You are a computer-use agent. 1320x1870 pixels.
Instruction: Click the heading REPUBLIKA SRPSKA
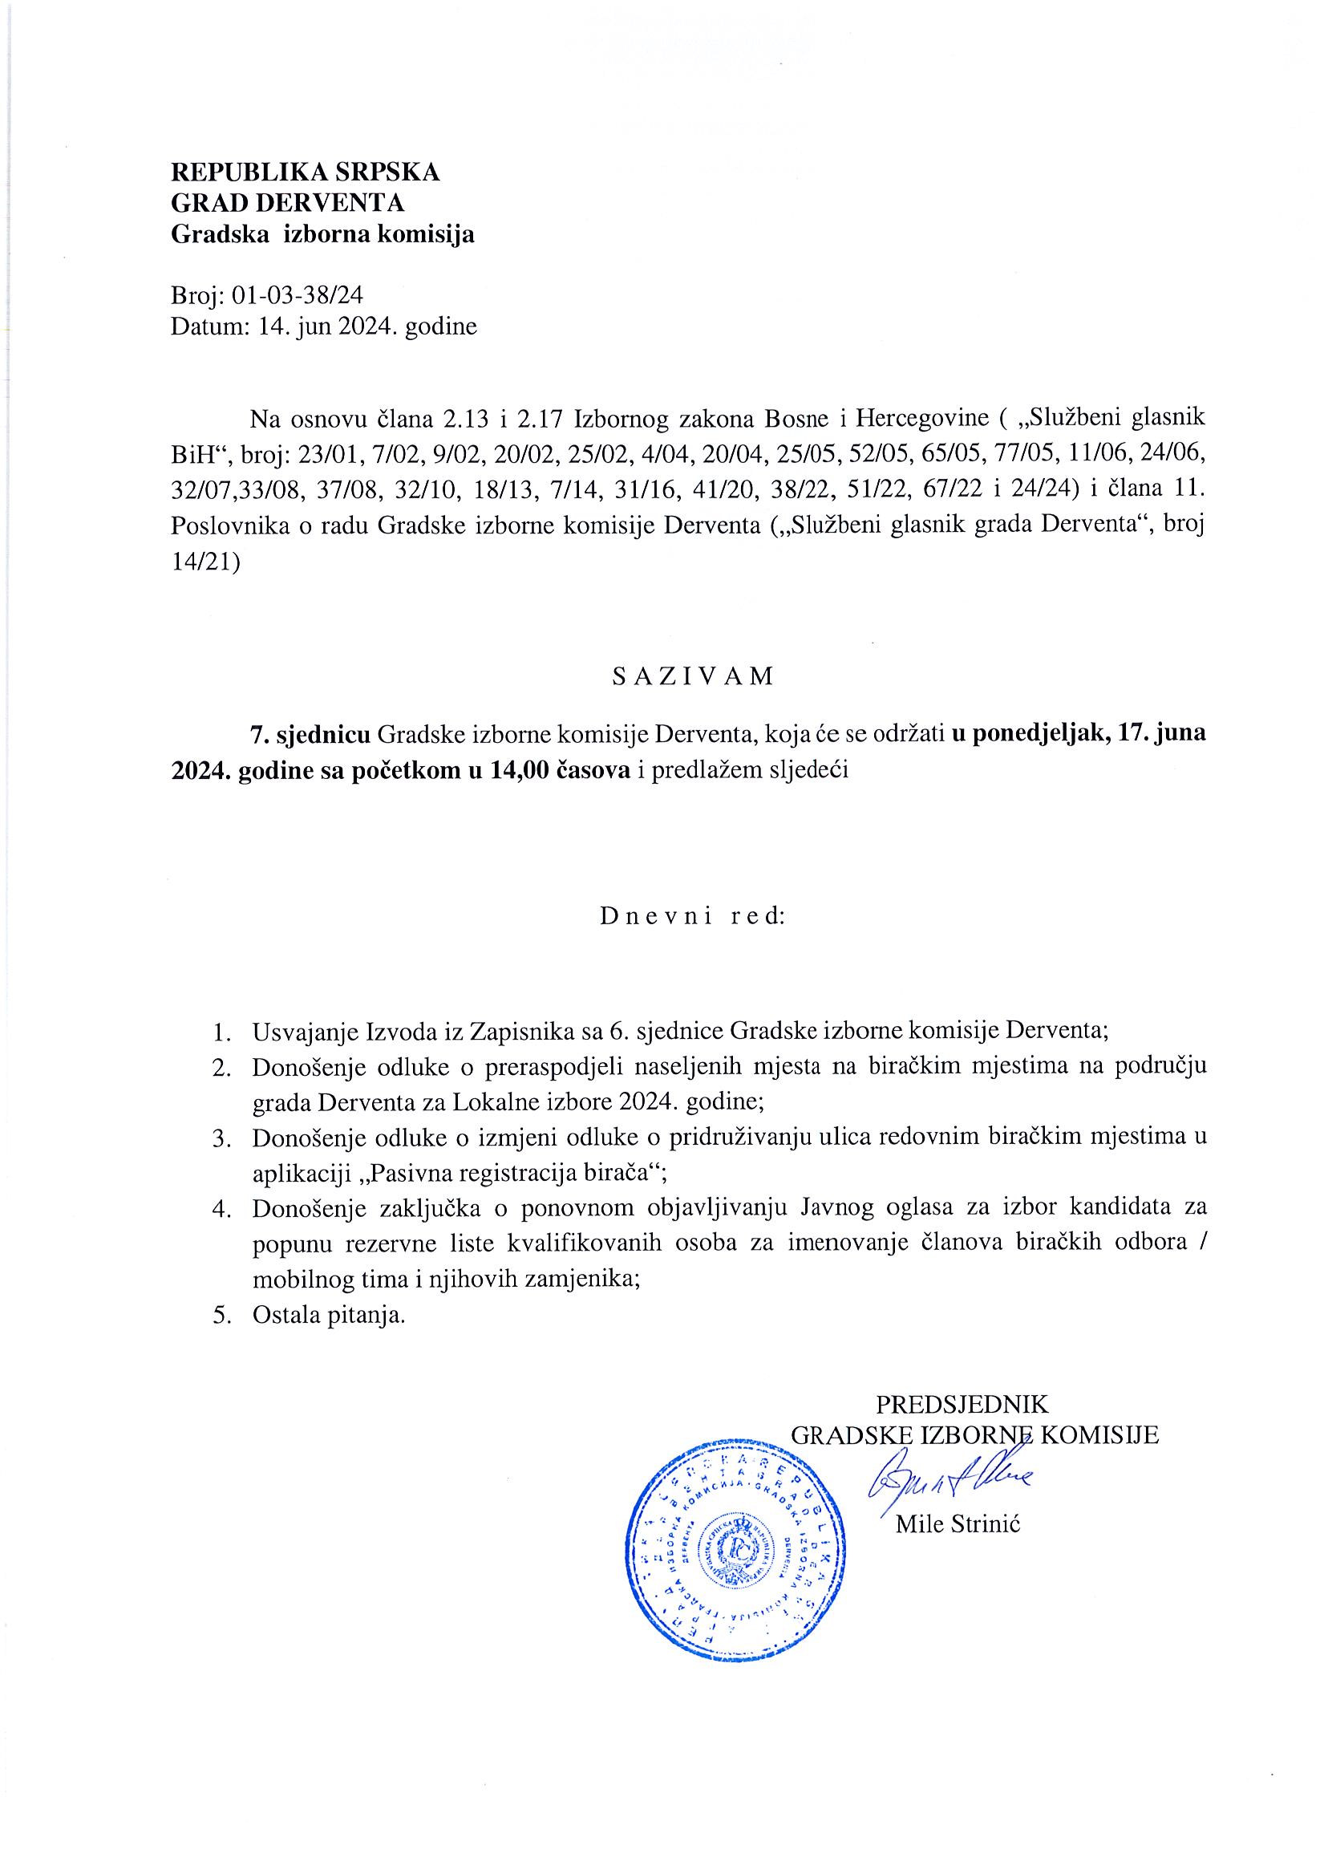305,172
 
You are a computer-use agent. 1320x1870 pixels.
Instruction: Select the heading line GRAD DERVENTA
286,203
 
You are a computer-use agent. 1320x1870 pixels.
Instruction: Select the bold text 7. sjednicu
310,734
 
